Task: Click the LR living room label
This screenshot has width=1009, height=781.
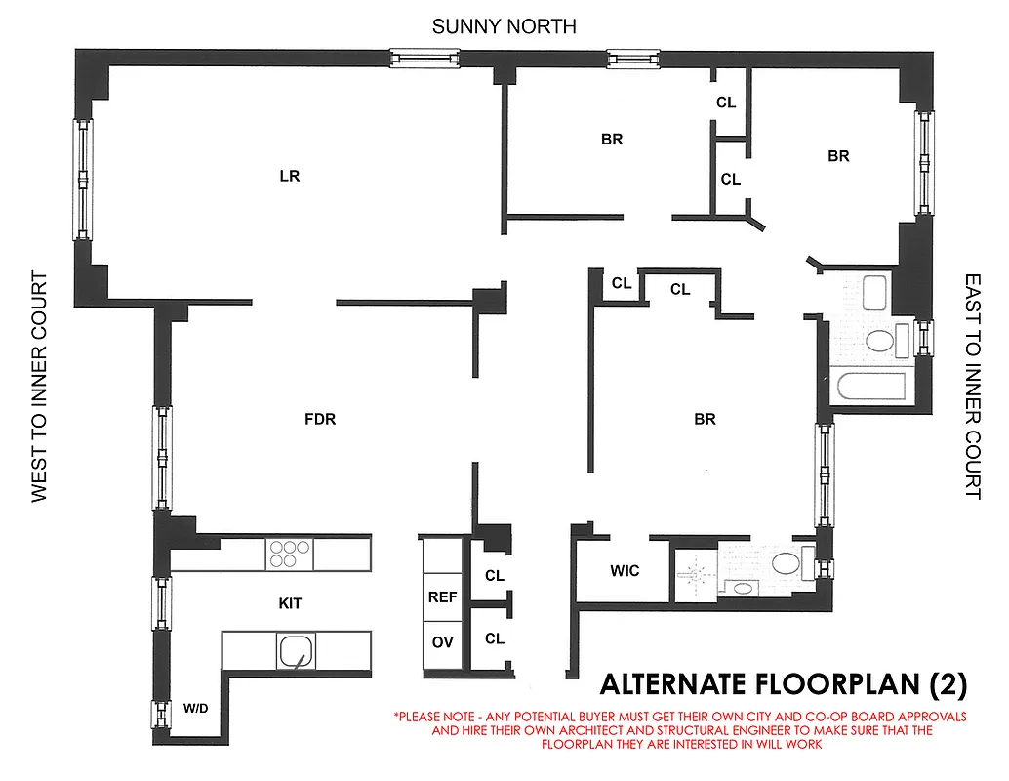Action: click(289, 177)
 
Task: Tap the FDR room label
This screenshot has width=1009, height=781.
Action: click(320, 419)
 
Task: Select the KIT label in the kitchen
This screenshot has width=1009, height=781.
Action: click(290, 603)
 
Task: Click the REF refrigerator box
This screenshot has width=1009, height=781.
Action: click(442, 596)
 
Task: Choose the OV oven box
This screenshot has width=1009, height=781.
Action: click(442, 641)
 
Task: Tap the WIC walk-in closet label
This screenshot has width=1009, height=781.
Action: click(625, 570)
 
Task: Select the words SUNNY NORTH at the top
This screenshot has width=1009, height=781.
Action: click(504, 26)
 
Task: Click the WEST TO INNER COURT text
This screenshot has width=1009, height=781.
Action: click(39, 387)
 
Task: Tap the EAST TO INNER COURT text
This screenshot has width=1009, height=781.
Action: click(972, 387)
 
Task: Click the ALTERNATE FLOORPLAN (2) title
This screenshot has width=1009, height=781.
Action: click(783, 685)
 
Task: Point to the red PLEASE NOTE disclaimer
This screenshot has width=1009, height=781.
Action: click(679, 729)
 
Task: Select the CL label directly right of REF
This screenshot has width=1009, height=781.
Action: click(495, 576)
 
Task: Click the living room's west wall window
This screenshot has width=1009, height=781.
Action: click(83, 179)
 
